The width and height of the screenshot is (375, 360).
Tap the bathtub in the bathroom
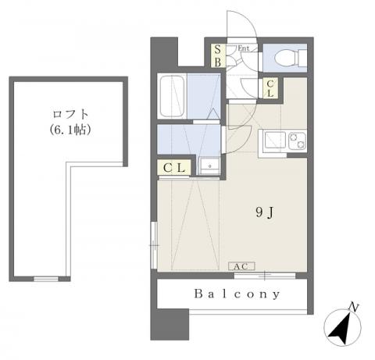click(172, 96)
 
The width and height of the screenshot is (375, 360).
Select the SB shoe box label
click(218, 55)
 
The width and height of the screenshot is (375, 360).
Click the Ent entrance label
click(244, 48)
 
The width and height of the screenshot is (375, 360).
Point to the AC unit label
click(241, 266)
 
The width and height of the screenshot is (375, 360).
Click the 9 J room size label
click(264, 213)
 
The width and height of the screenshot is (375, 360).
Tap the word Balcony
click(237, 294)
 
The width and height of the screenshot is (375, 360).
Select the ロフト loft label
click(70, 114)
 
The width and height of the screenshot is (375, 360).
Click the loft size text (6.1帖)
click(70, 130)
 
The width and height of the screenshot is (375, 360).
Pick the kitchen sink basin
click(275, 141)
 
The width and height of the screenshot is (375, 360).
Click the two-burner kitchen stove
click(297, 141)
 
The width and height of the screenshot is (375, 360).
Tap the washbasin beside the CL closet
click(209, 166)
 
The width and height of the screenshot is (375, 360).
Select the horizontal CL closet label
click(174, 168)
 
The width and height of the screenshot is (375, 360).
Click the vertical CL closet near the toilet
click(270, 89)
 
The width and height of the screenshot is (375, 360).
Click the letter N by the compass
click(353, 308)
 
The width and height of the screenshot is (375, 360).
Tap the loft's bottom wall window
click(46, 279)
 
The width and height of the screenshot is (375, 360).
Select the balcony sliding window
click(265, 276)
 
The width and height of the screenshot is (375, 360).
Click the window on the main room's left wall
click(154, 245)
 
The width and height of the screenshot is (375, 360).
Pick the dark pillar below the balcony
click(170, 324)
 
